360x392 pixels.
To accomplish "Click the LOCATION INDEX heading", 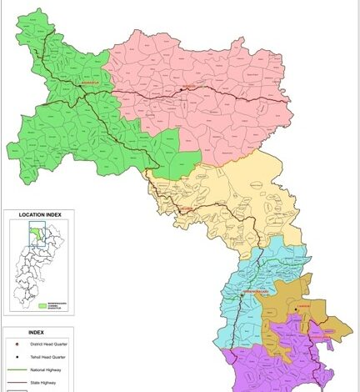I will (41, 215).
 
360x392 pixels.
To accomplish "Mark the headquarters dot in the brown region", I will (293, 310).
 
